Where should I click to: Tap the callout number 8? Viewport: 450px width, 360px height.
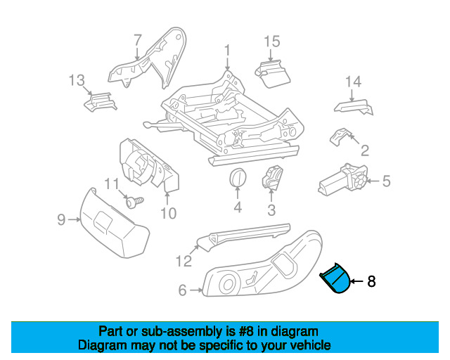point(371,282)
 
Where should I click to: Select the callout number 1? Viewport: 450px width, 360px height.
point(227,50)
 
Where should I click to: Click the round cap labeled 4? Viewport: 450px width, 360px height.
point(238,178)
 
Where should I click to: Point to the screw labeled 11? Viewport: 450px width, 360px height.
point(135,202)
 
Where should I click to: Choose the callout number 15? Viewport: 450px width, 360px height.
point(272,41)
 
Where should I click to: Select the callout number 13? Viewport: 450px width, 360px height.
point(77,79)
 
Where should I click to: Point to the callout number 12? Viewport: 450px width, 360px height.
point(184,262)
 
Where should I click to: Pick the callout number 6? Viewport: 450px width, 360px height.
point(182,290)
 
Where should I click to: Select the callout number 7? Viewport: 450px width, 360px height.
point(137,40)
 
